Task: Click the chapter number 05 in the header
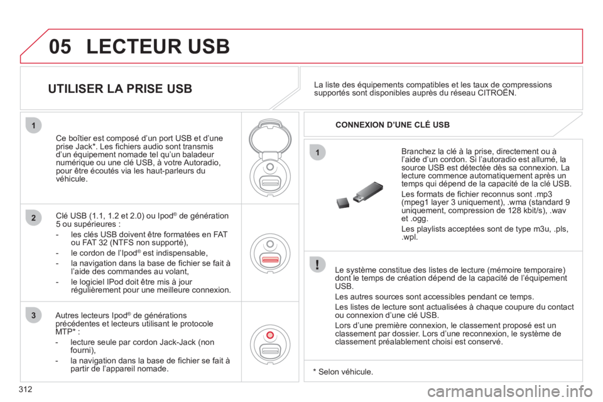60,46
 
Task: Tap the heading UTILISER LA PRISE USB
120,89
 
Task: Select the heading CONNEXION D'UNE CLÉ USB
393,124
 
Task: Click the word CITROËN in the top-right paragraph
496,93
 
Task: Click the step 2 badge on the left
33,218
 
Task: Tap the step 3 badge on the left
33,315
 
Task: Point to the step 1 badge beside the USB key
317,153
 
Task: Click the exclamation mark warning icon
317,264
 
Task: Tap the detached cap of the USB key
343,203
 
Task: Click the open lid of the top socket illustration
270,137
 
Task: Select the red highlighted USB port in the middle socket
270,259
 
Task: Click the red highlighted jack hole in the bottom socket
270,335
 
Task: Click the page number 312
25,389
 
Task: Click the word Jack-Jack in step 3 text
177,342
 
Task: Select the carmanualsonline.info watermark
510,392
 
